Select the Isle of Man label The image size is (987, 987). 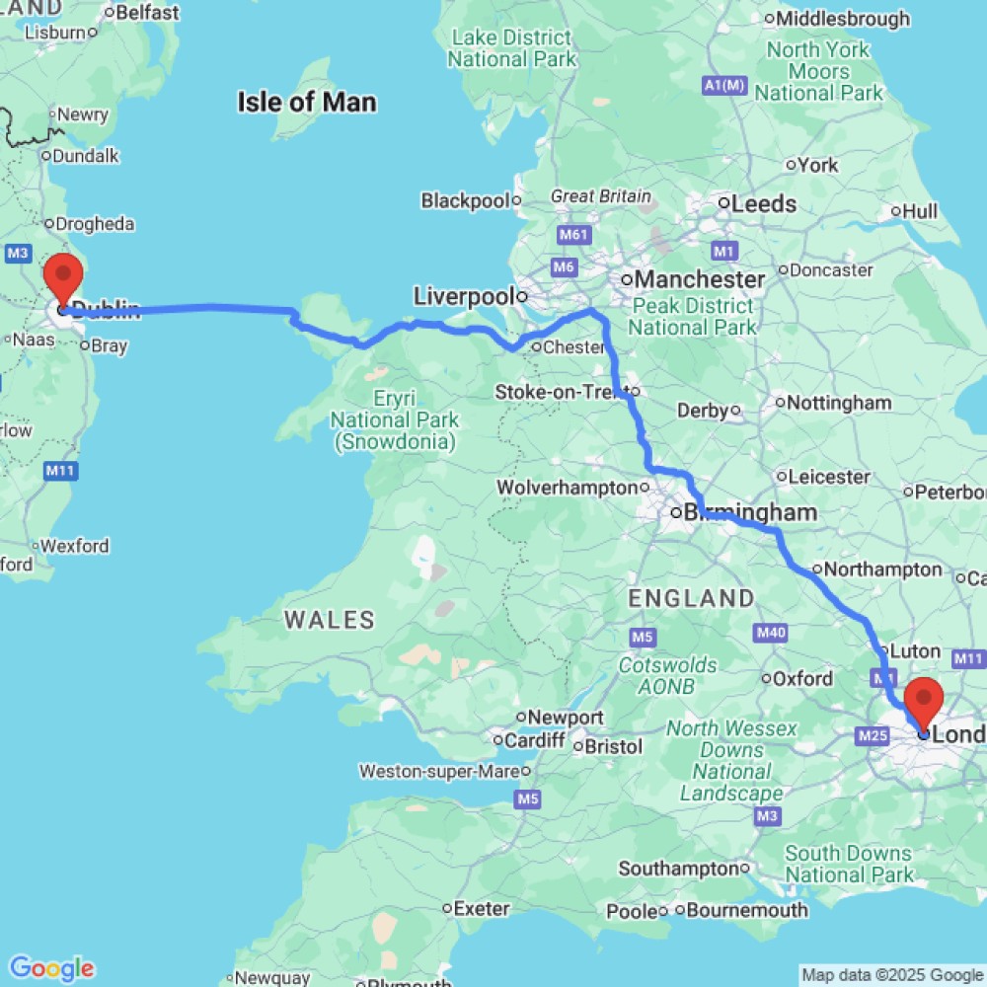(x=306, y=102)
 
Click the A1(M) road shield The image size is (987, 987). (x=723, y=87)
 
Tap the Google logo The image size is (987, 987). (x=51, y=968)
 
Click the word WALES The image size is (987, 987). (x=330, y=620)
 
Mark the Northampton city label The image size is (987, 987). (x=881, y=569)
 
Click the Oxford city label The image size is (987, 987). (x=801, y=678)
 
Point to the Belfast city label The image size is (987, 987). (x=147, y=13)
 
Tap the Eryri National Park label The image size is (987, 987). (x=395, y=420)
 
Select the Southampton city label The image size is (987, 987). (x=678, y=869)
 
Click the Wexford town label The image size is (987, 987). (x=74, y=546)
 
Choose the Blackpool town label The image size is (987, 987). (x=465, y=200)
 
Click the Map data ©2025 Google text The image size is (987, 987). (x=892, y=975)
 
